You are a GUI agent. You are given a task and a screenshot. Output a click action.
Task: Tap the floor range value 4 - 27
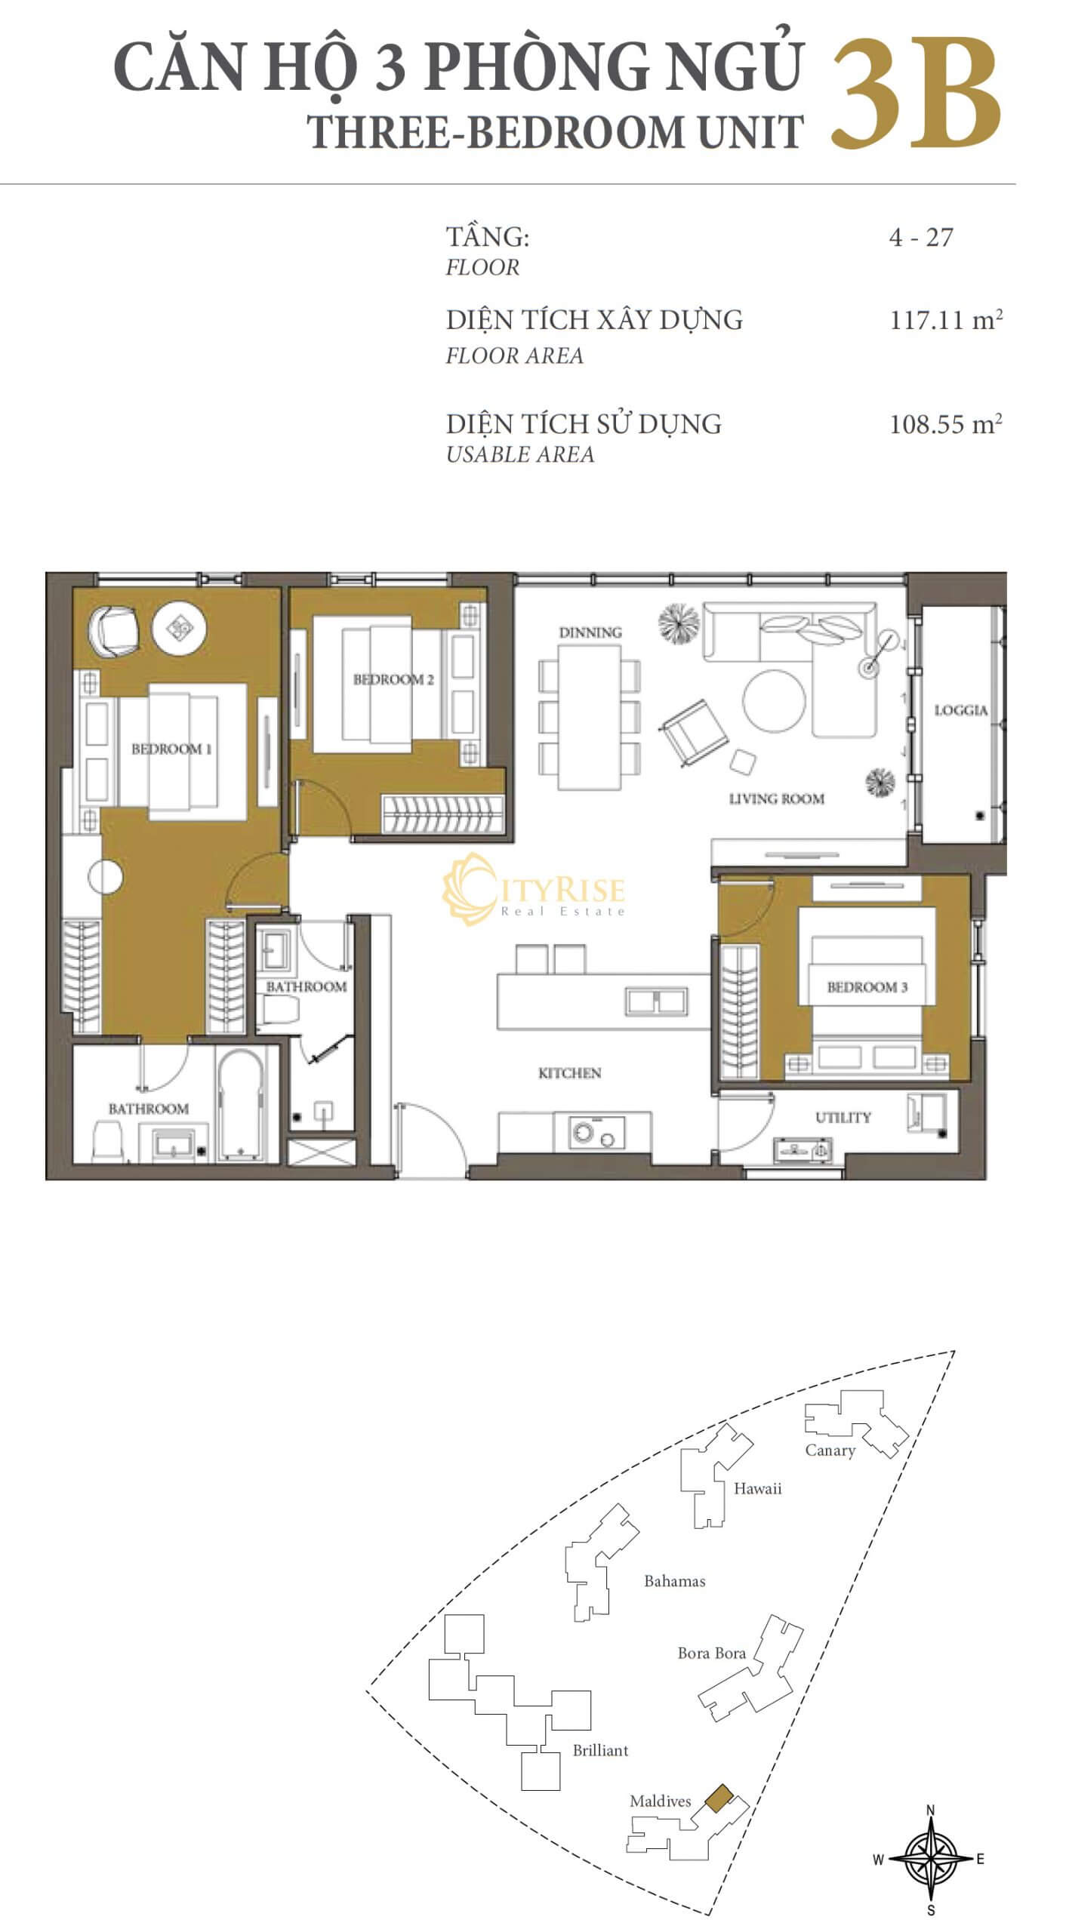(x=921, y=238)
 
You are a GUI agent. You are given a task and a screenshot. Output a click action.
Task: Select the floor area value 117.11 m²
(x=946, y=320)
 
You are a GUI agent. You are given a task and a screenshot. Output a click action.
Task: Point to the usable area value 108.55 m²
(x=946, y=423)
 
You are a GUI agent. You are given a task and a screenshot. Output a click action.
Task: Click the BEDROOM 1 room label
(x=171, y=749)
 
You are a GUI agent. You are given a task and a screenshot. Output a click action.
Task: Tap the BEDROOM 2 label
(x=393, y=679)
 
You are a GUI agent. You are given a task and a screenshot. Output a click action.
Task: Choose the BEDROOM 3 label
(x=867, y=987)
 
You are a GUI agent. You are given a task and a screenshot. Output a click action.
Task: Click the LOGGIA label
(x=960, y=710)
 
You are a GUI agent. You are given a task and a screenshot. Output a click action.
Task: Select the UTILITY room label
(x=843, y=1117)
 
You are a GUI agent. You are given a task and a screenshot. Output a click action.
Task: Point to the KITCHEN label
(x=570, y=1072)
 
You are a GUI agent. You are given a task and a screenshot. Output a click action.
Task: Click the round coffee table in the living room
(x=774, y=701)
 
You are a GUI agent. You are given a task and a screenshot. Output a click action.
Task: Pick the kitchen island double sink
(x=656, y=1001)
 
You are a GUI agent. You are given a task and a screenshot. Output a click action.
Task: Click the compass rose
(x=930, y=1859)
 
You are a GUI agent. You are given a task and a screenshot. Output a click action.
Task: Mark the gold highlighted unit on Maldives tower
(x=718, y=1798)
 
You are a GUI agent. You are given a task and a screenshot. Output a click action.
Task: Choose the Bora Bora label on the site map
(x=712, y=1654)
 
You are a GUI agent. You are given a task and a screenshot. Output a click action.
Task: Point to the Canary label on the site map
(x=830, y=1451)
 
